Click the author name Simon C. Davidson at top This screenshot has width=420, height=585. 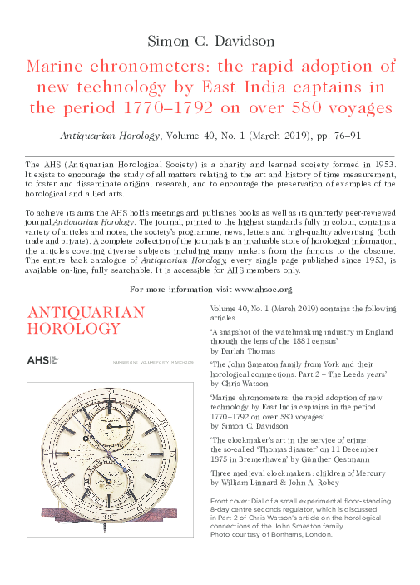210,41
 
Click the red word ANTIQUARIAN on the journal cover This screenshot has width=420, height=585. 86,313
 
